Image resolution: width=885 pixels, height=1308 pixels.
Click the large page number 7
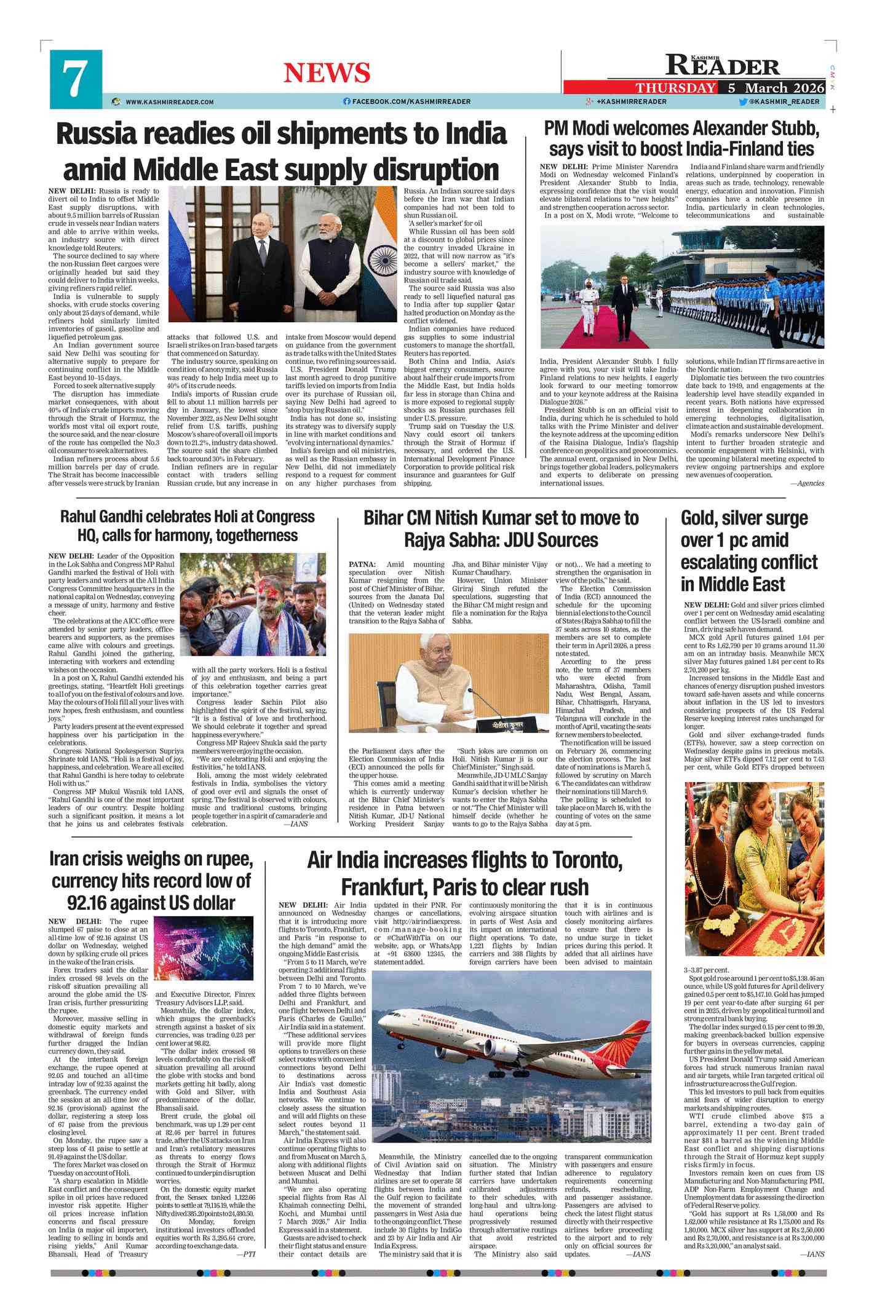coord(75,80)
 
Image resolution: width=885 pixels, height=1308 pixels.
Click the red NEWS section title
coord(327,73)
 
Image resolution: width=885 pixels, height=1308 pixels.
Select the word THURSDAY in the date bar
coord(675,88)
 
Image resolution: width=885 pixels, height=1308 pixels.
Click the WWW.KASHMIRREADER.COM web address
coord(170,102)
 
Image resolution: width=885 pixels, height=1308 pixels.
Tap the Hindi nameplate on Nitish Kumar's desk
coord(507,724)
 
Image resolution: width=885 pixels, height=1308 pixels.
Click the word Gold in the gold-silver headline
coord(702,518)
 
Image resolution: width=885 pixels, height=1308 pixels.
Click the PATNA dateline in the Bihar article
coord(362,565)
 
